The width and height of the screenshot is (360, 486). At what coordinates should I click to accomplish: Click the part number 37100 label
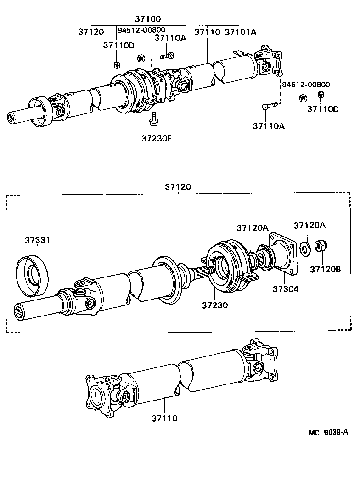[x=147, y=19]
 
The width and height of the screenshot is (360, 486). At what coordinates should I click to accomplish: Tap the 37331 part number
[x=37, y=240]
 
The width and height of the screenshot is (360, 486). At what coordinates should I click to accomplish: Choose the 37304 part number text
[x=286, y=289]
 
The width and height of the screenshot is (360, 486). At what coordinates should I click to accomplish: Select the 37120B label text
[x=325, y=269]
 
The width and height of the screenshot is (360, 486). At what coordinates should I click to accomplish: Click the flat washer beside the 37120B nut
[x=304, y=248]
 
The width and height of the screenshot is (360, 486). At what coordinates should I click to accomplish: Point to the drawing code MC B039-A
[x=328, y=432]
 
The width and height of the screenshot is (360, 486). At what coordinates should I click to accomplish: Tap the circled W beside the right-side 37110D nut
[x=303, y=98]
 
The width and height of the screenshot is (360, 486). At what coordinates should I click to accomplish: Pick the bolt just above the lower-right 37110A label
[x=270, y=106]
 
